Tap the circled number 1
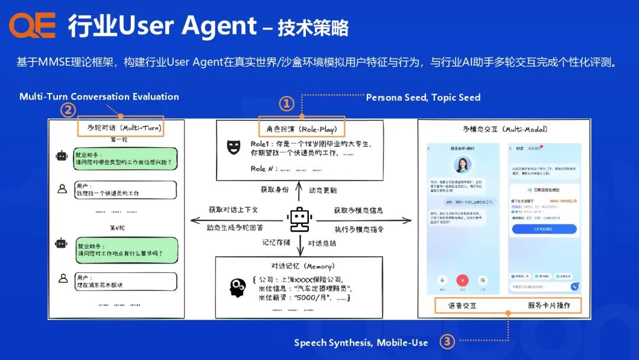click(x=286, y=104)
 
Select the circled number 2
click(x=69, y=110)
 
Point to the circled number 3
click(x=447, y=342)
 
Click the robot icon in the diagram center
click(x=299, y=220)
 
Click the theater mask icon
click(x=234, y=147)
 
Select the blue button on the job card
click(x=544, y=229)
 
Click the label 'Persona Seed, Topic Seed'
click(x=423, y=97)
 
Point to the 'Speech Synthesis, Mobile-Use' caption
click(x=361, y=342)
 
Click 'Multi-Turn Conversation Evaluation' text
click(x=99, y=97)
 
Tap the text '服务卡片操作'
click(x=549, y=306)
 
